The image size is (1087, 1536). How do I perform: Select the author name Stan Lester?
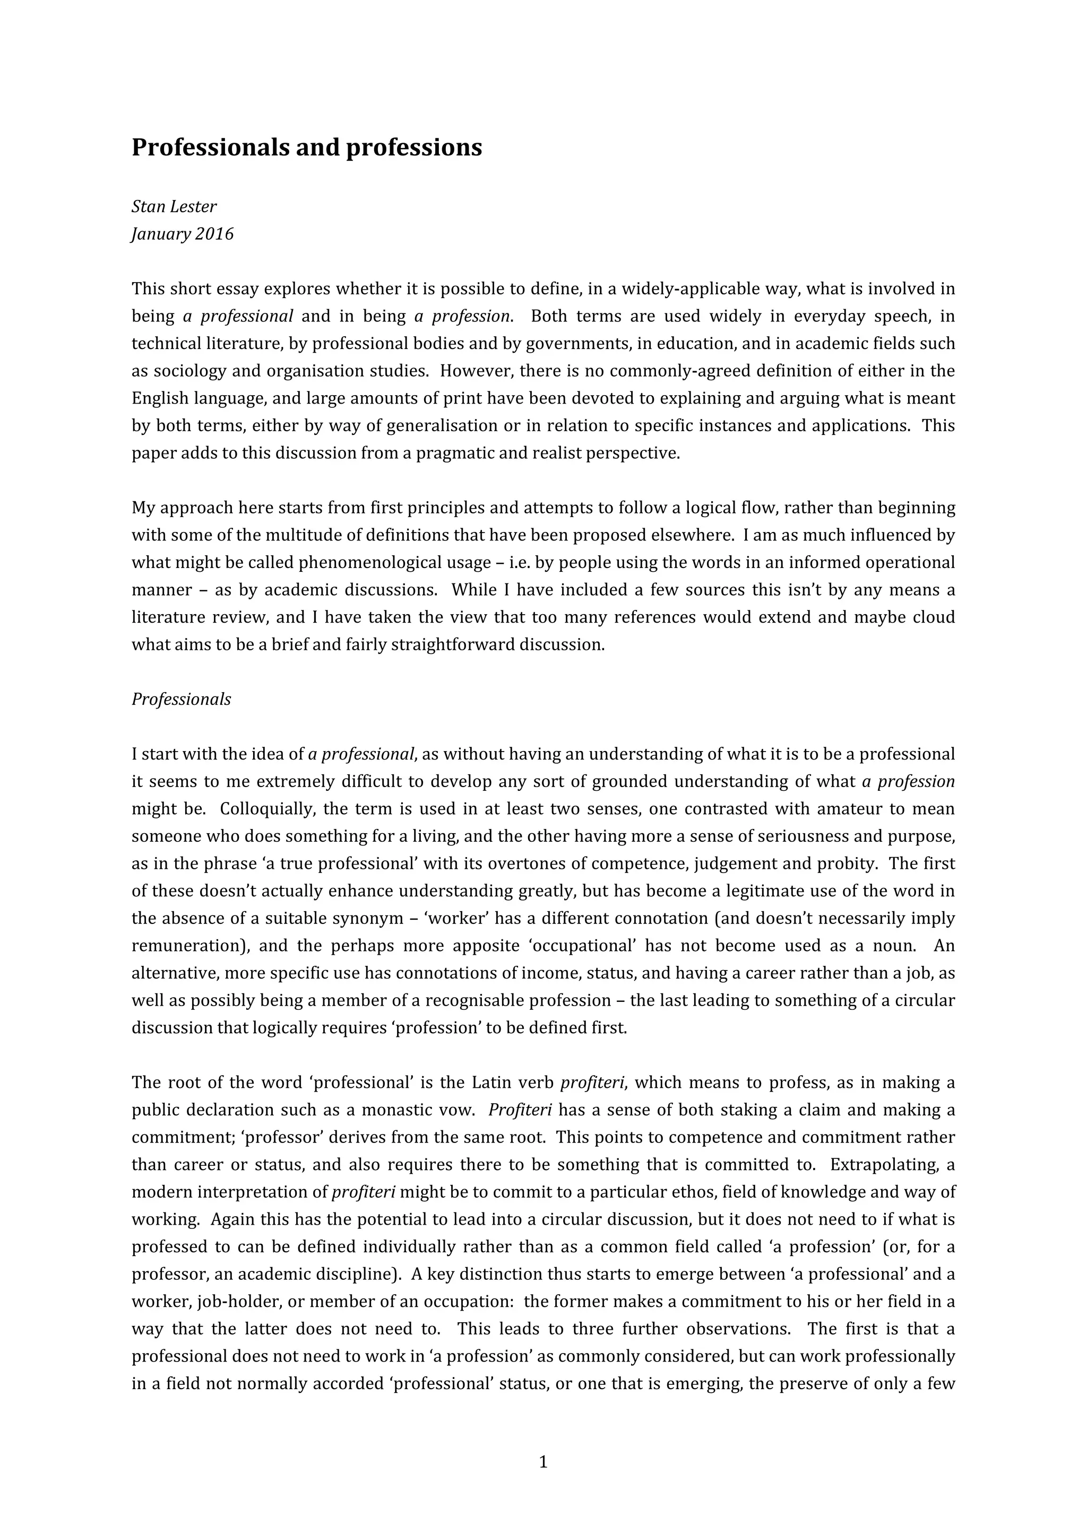[174, 207]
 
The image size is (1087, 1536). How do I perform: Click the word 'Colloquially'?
[266, 809]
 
